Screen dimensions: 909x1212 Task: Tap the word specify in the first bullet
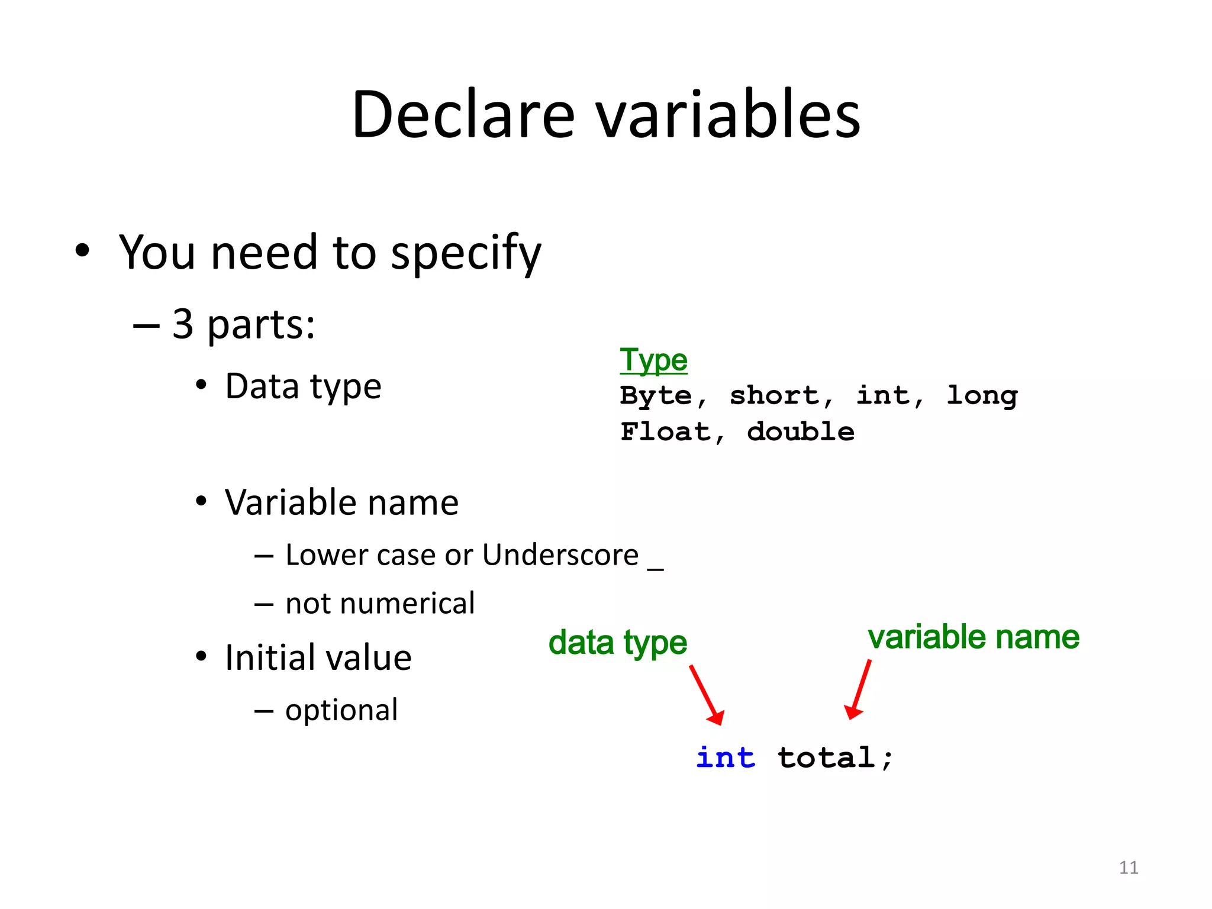[466, 253]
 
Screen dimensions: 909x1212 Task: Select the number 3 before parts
[183, 324]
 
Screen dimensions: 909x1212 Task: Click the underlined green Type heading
[653, 360]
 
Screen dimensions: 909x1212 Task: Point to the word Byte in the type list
[656, 396]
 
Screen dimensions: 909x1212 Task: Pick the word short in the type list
[775, 395]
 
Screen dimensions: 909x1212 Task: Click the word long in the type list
[982, 396]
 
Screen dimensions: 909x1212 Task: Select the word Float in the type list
[665, 431]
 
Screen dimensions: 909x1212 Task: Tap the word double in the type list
[800, 431]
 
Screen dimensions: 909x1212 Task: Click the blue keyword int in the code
[726, 757]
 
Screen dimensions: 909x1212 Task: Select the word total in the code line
[826, 757]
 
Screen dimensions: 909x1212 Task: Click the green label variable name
[974, 637]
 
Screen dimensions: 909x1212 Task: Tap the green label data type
[617, 643]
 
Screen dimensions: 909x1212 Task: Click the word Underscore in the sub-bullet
[560, 555]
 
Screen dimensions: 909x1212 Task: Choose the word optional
[341, 710]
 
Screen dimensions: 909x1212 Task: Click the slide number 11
[1128, 868]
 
